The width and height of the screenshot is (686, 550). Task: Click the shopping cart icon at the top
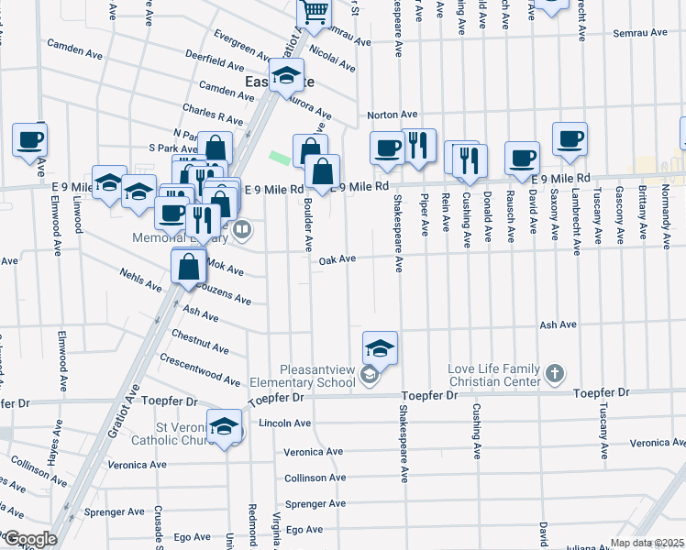click(315, 12)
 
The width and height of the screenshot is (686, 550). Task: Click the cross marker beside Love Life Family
click(553, 373)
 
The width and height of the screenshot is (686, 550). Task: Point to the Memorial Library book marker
click(242, 229)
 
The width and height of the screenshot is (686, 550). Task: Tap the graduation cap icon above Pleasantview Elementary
click(380, 347)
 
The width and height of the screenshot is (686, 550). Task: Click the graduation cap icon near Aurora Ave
click(286, 75)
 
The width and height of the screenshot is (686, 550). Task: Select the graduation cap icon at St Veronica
click(224, 426)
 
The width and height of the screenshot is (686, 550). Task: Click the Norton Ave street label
click(393, 115)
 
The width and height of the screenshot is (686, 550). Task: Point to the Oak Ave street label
click(337, 260)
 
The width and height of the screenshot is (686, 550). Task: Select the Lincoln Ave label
click(285, 423)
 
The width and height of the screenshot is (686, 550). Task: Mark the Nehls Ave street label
click(140, 280)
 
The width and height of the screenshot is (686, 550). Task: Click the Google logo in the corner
click(29, 539)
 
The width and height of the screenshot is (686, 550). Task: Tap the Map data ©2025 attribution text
click(647, 543)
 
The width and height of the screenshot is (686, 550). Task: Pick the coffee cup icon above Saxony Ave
click(570, 138)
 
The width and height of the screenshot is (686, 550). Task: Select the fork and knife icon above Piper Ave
click(418, 145)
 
